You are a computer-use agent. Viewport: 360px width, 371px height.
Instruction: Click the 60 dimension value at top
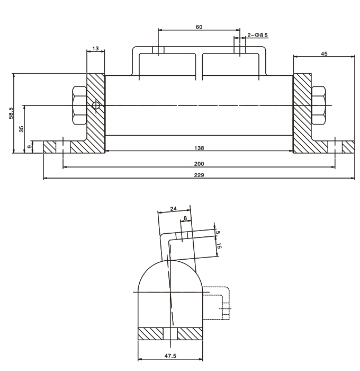[x=199, y=27]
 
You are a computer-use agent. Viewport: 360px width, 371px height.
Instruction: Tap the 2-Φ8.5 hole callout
[x=258, y=36]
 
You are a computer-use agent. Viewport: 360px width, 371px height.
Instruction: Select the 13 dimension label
[x=95, y=49]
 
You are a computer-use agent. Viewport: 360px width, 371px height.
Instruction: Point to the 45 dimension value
[x=324, y=54]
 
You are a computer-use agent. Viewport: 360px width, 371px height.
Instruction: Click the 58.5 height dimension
[x=11, y=113]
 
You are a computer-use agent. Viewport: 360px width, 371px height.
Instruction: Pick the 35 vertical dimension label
[x=21, y=129]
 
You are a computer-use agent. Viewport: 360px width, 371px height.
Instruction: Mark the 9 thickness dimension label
[x=29, y=147]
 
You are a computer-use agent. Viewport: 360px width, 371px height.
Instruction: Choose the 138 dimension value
[x=199, y=148]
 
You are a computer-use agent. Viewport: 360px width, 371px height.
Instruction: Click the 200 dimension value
[x=199, y=164]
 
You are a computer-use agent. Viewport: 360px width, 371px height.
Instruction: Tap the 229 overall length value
[x=199, y=175]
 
